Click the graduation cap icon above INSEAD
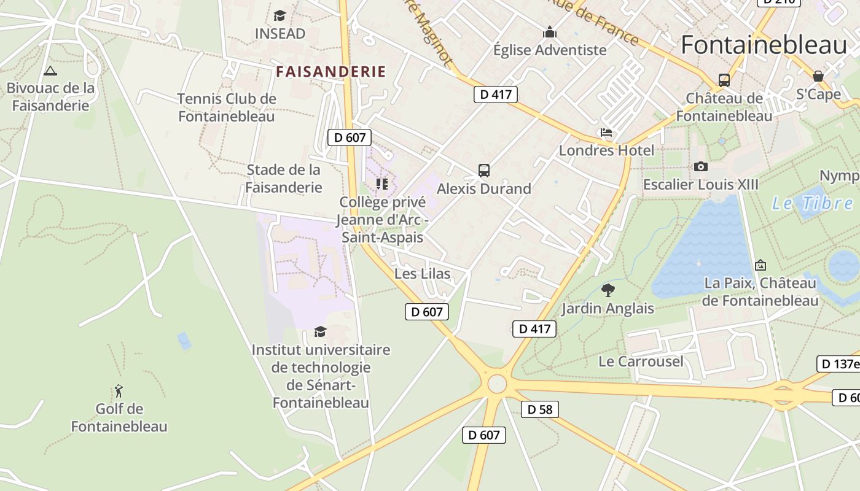coord(280,15)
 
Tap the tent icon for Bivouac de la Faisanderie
coord(50,71)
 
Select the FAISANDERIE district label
coord(331,72)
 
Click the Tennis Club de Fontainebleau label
coord(227,107)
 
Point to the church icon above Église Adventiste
coord(550,32)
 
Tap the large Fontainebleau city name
coord(764,45)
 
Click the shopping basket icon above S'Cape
coord(818,76)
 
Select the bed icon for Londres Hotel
coord(606,133)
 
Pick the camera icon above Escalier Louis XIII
coord(700,166)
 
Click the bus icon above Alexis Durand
coord(484,170)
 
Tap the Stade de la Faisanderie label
coord(284,179)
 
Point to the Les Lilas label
coord(422,274)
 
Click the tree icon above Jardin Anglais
coord(608,290)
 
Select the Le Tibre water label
coord(812,203)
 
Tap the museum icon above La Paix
coord(760,265)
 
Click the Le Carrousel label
coord(641,361)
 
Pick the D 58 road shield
coord(540,409)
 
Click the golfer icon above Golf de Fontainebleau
coord(119,391)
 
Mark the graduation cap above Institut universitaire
coord(320,332)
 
